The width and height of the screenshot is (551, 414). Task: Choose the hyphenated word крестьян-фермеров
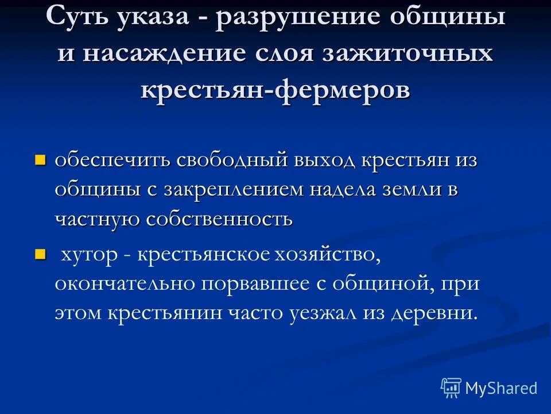(x=275, y=90)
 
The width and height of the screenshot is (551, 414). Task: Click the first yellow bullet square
(x=40, y=159)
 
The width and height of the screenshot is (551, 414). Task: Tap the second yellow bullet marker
(x=40, y=253)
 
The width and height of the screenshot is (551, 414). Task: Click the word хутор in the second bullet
(x=88, y=255)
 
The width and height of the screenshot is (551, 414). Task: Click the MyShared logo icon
(x=451, y=388)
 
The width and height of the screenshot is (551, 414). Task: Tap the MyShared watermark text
(x=501, y=388)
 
